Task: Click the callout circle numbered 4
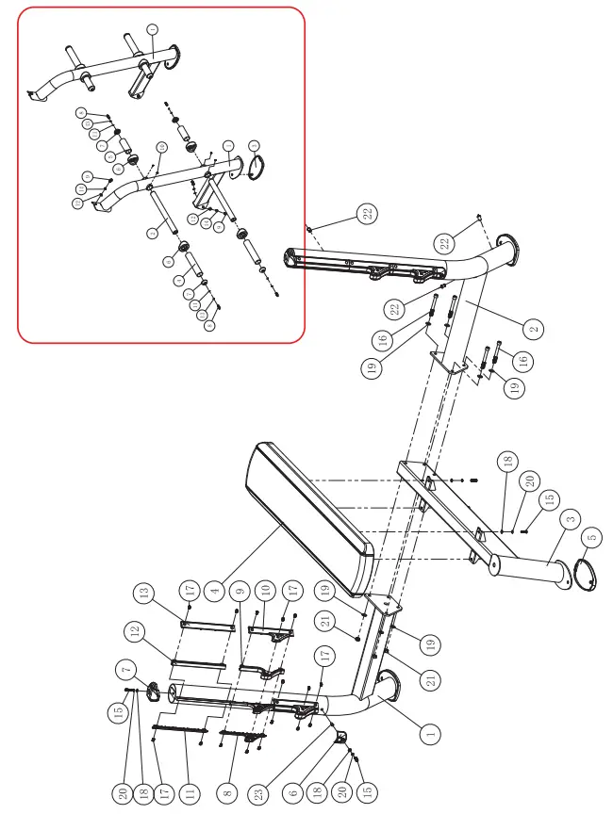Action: coord(214,592)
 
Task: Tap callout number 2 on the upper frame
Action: coord(534,329)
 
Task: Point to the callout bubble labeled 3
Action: coord(570,519)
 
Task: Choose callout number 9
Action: coord(240,593)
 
